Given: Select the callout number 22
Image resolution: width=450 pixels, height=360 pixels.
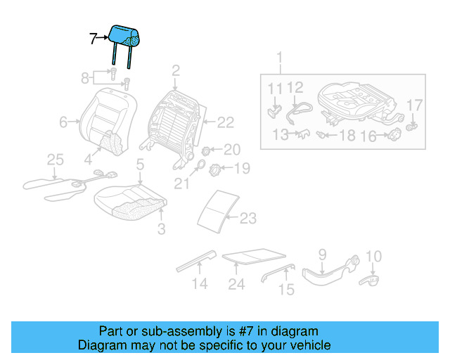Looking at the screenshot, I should pyautogui.click(x=224, y=122).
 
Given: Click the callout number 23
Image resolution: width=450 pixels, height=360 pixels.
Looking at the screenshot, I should pyautogui.click(x=247, y=219).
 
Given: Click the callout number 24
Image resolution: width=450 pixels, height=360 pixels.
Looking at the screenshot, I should pyautogui.click(x=236, y=284).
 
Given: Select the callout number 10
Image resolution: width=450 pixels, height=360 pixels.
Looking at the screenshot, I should pyautogui.click(x=373, y=257).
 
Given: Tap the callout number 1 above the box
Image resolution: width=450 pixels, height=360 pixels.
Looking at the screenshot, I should pyautogui.click(x=279, y=57).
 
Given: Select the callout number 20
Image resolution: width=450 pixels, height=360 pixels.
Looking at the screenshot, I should pyautogui.click(x=231, y=149).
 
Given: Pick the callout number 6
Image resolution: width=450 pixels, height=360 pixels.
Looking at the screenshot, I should pyautogui.click(x=63, y=122).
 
